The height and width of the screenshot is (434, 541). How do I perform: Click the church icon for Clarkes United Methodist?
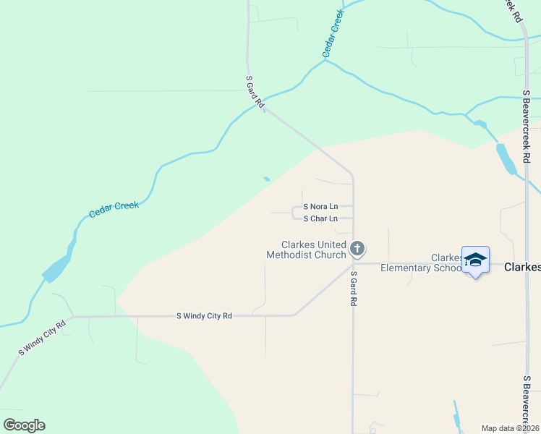click(x=357, y=249)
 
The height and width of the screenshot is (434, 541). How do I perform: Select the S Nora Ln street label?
click(x=320, y=206)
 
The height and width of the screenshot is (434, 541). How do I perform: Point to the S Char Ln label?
click(x=320, y=218)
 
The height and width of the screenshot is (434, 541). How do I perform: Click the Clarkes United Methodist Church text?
click(x=306, y=250)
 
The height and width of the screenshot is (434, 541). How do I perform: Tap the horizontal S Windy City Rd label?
click(x=205, y=316)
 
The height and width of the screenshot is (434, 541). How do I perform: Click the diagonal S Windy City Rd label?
click(x=43, y=337)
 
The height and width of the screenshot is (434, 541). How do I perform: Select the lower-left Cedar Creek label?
click(x=114, y=210)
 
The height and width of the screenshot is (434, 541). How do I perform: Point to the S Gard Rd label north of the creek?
click(x=254, y=92)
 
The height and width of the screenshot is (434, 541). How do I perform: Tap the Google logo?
click(x=24, y=425)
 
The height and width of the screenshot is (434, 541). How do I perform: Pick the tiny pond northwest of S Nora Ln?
click(x=267, y=179)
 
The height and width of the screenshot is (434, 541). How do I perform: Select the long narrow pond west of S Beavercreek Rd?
click(x=506, y=159)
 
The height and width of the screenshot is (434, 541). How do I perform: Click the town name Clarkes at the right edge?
click(x=521, y=267)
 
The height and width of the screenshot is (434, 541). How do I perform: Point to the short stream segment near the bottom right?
click(x=457, y=415)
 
